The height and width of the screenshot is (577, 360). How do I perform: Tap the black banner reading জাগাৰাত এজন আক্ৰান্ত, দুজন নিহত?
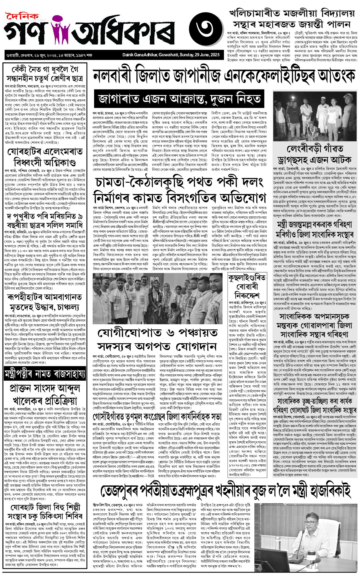pos(179,99)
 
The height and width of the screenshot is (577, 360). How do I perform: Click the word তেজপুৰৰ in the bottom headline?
pos(120,491)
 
